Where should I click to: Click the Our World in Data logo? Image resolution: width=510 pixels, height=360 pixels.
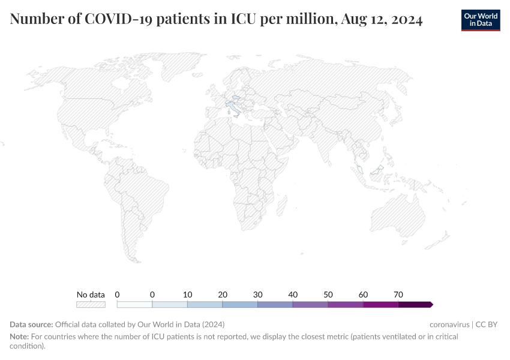(x=480, y=20)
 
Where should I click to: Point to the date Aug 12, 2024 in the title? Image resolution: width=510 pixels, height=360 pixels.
(x=382, y=20)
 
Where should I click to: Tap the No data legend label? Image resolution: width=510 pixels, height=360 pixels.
(x=91, y=295)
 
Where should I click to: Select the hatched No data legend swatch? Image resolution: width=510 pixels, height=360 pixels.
(x=91, y=305)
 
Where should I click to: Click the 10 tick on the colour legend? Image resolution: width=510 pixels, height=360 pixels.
(x=187, y=295)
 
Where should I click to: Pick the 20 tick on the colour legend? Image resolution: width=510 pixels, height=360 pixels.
(x=223, y=295)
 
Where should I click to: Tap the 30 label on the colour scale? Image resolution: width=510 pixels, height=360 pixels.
(x=257, y=295)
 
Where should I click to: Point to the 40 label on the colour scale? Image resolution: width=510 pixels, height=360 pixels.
(x=293, y=295)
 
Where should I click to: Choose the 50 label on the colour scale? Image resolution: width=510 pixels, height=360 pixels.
(x=328, y=295)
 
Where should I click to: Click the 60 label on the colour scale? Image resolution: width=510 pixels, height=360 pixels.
(x=363, y=295)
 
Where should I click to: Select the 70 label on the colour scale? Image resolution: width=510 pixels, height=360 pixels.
(x=398, y=295)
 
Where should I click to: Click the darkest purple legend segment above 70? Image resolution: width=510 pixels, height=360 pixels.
(x=415, y=305)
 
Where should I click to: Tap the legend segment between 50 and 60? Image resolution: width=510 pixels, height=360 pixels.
(x=345, y=305)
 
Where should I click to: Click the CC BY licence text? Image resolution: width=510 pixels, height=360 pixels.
(x=487, y=325)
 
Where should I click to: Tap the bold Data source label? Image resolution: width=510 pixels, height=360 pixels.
(x=31, y=325)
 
